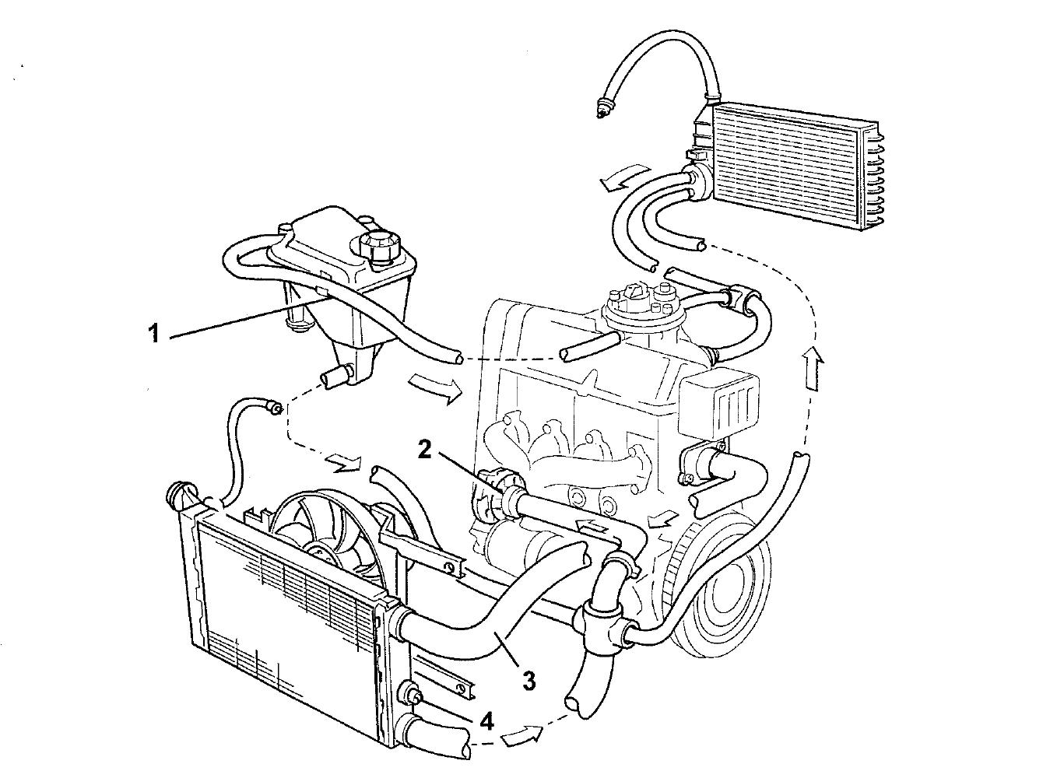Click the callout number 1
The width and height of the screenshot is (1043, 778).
pos(154,334)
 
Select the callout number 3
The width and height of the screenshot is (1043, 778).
pos(529,681)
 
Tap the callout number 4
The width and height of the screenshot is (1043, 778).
pos(486,720)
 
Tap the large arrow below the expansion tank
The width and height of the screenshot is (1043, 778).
pos(433,387)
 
